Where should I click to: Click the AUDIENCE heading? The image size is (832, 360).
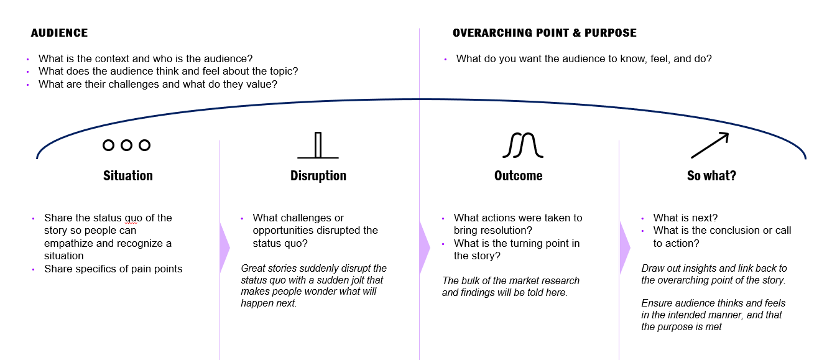tap(59, 33)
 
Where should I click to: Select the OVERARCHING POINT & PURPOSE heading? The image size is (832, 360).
tap(544, 33)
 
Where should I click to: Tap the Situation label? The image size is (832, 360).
tap(127, 176)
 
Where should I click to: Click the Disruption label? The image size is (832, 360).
tap(318, 176)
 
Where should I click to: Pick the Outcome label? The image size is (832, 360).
tap(518, 176)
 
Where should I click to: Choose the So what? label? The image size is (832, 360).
tap(711, 176)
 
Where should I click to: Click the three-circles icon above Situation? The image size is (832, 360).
tap(126, 145)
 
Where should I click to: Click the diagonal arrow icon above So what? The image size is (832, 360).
tap(710, 145)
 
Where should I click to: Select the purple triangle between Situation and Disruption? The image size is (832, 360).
tap(224, 247)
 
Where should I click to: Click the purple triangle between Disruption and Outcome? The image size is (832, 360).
tap(425, 247)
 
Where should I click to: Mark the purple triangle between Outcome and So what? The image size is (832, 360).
tap(625, 247)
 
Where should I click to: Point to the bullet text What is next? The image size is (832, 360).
tap(685, 218)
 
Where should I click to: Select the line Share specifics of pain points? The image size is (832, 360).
tap(113, 269)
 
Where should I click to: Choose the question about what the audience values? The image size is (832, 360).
tap(157, 84)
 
